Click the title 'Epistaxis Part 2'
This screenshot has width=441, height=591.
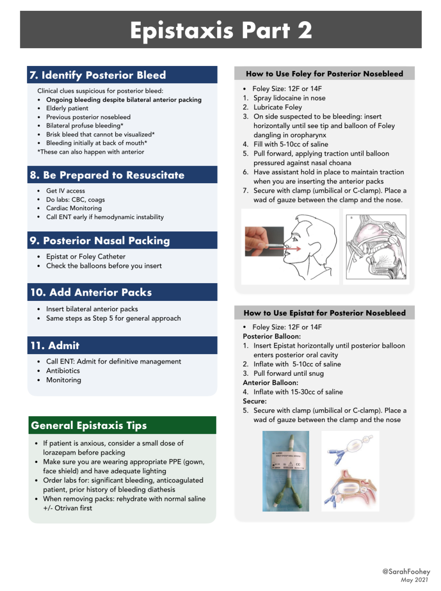(220, 31)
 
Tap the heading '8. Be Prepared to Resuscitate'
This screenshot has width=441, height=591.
(107, 175)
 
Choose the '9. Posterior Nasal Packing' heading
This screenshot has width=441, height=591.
(99, 241)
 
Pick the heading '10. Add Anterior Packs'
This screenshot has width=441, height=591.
(91, 292)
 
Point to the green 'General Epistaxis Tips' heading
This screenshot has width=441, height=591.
(89, 426)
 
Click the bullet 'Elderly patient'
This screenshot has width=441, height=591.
(67, 108)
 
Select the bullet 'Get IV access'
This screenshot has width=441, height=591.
(65, 191)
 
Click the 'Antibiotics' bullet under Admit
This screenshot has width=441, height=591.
(63, 371)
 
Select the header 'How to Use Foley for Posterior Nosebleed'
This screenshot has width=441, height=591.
(324, 74)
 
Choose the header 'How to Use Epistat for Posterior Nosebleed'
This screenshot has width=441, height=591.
(324, 313)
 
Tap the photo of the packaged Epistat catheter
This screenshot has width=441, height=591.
(285, 471)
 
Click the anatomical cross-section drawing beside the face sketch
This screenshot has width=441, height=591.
(376, 246)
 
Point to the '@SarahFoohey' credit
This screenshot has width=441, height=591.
(406, 572)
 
